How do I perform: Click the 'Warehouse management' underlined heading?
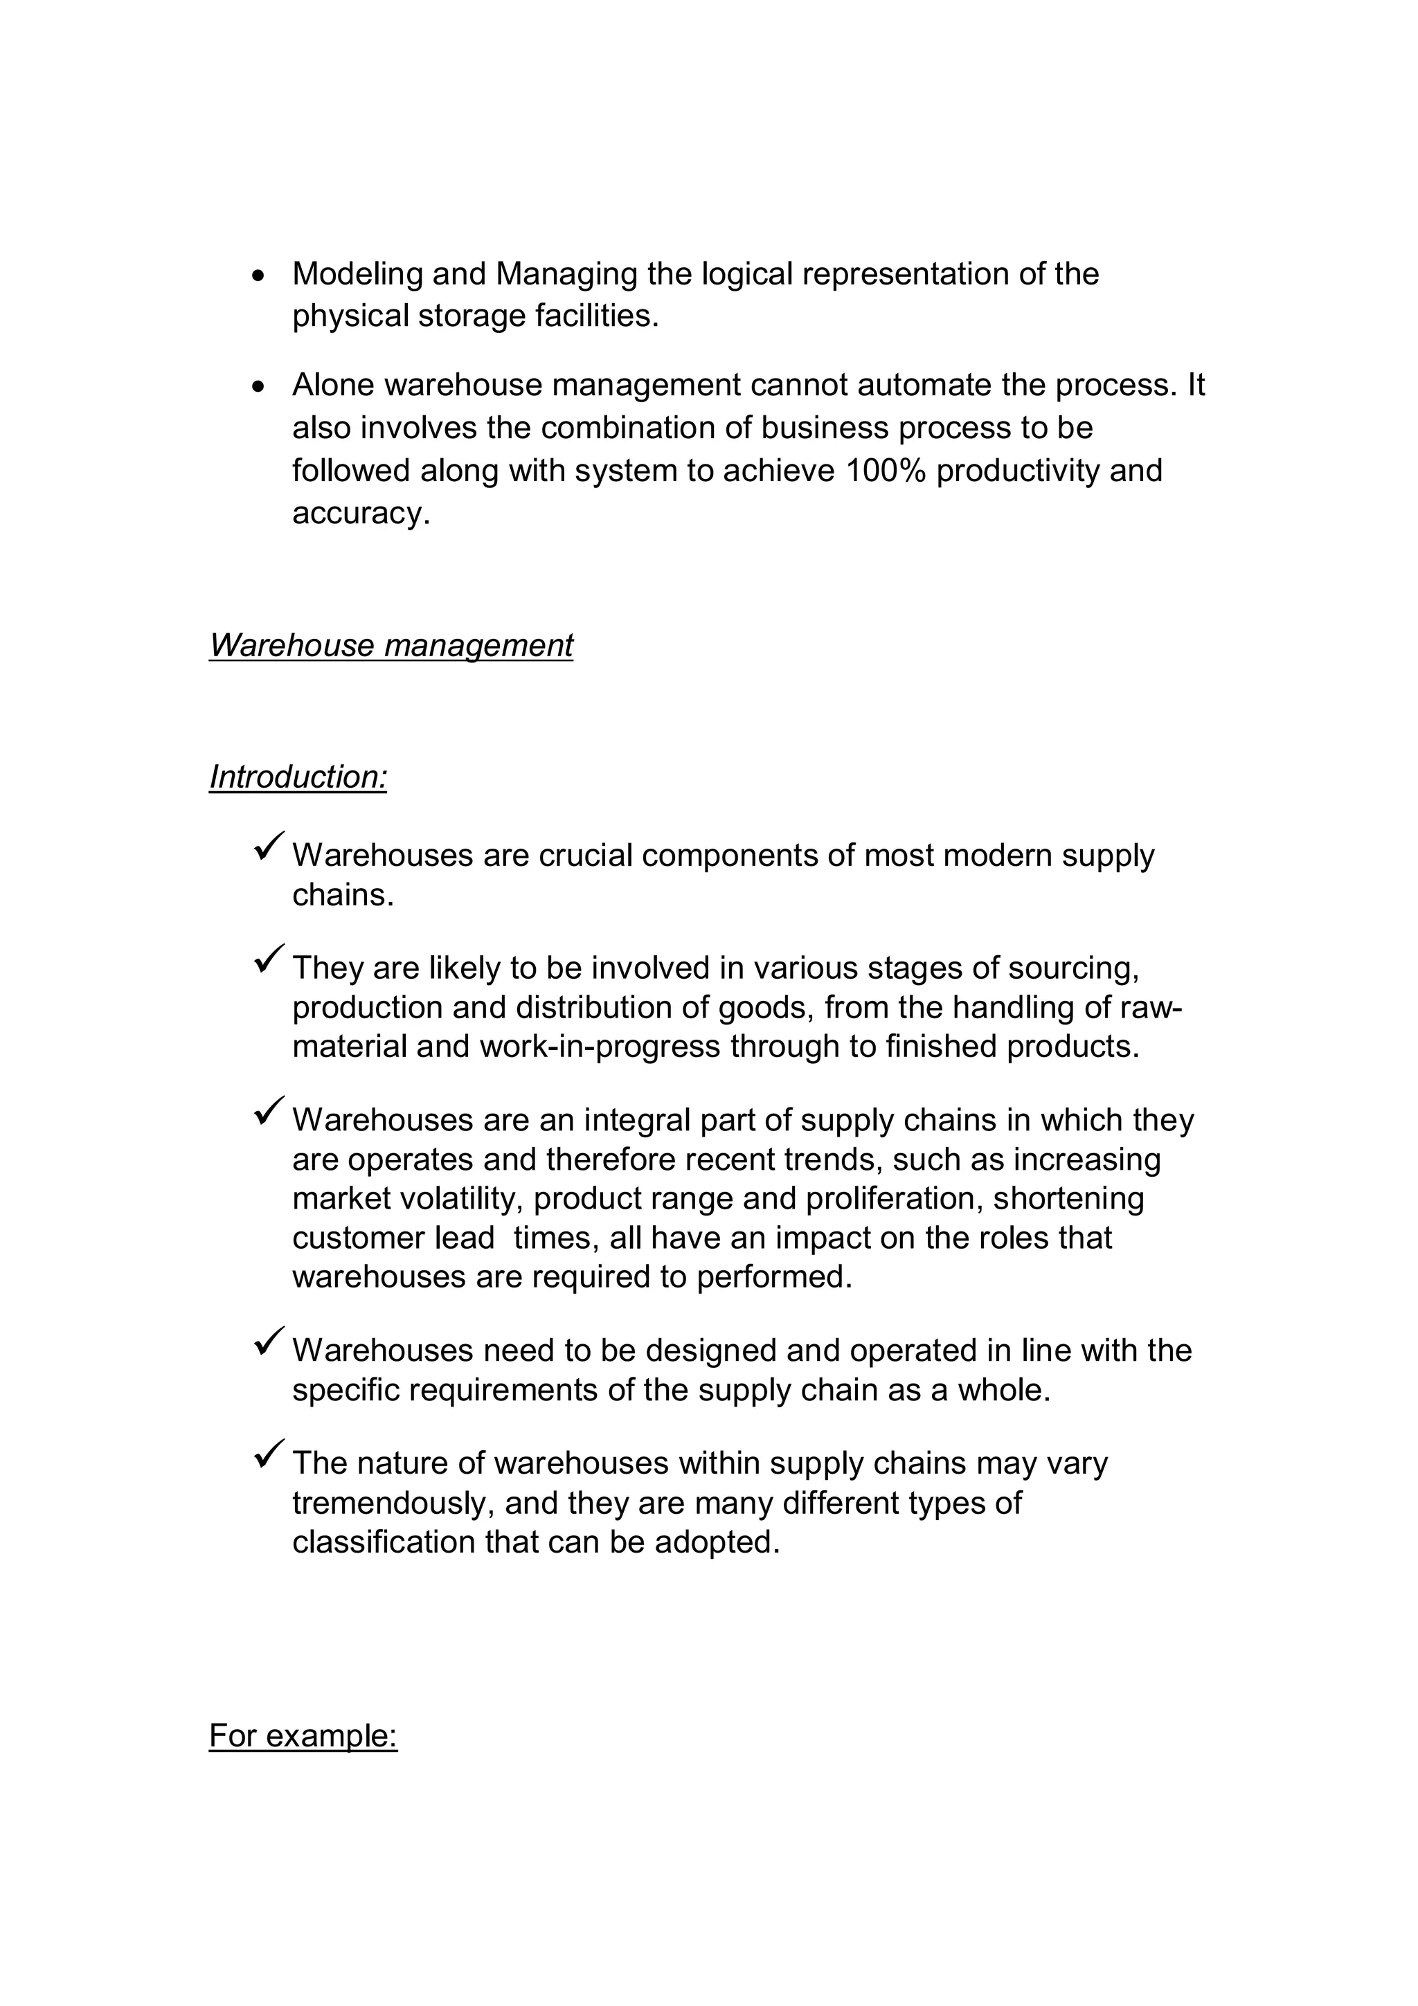(x=391, y=646)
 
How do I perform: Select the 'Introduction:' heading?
(x=298, y=777)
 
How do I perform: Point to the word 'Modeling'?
(x=357, y=274)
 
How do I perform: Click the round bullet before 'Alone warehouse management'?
(x=257, y=386)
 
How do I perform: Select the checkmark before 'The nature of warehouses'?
(x=268, y=1454)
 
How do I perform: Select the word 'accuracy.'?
(x=361, y=513)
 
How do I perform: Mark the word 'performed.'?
(x=773, y=1277)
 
